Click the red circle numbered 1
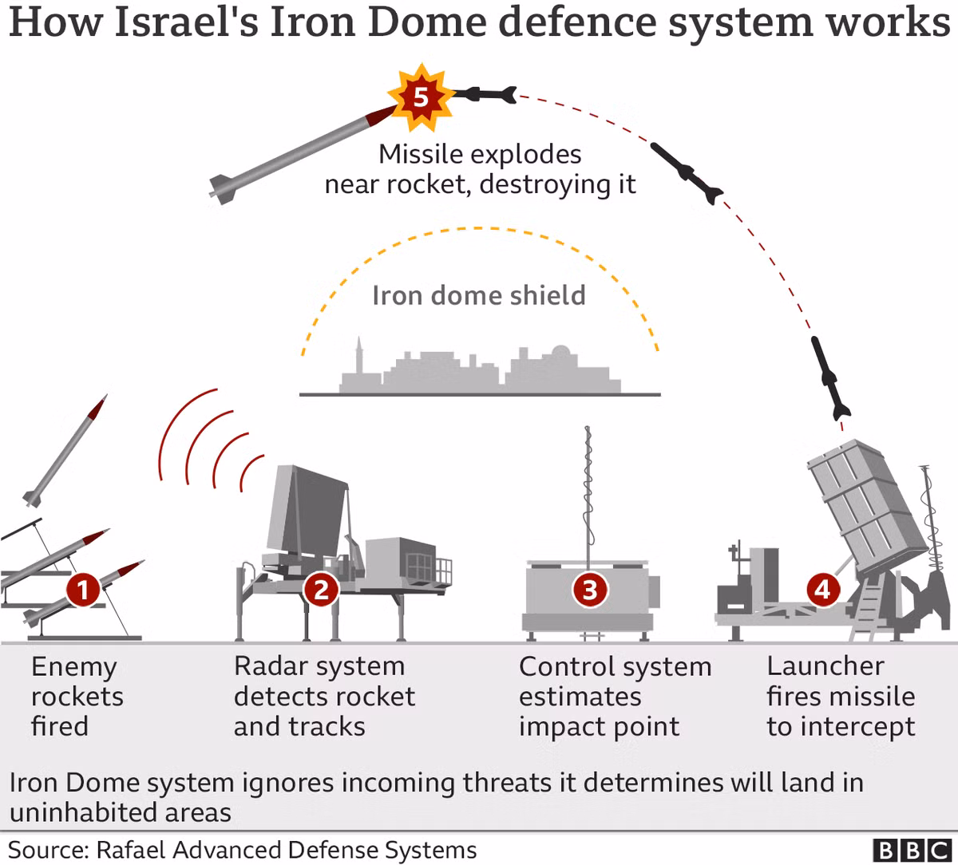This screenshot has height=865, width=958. click(82, 591)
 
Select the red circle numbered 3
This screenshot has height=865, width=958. click(590, 590)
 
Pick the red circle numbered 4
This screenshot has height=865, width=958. click(823, 590)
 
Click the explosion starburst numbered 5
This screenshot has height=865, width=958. click(420, 97)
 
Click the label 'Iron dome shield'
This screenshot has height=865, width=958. click(478, 295)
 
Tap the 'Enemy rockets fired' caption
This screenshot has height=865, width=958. click(77, 696)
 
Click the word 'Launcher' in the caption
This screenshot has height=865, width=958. click(825, 666)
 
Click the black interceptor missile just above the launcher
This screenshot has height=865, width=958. click(830, 377)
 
